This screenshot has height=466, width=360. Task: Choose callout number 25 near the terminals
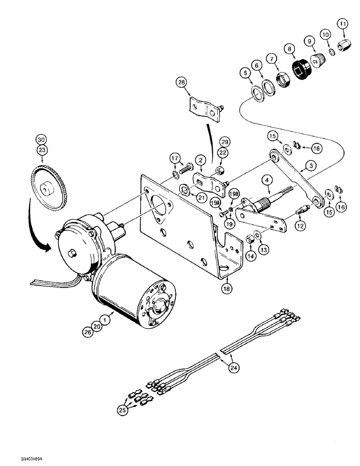click(x=123, y=410)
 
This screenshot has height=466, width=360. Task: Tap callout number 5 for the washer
click(x=244, y=73)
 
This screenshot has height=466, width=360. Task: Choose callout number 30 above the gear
click(x=42, y=139)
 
